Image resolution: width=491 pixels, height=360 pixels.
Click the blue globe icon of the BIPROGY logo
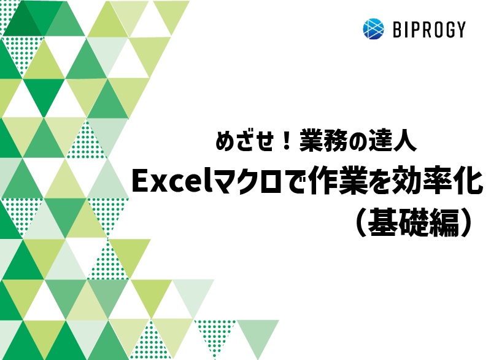373,29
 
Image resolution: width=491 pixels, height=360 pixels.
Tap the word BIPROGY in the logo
428,29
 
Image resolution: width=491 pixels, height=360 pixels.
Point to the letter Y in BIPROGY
460,29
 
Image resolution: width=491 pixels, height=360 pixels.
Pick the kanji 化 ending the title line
471,181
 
